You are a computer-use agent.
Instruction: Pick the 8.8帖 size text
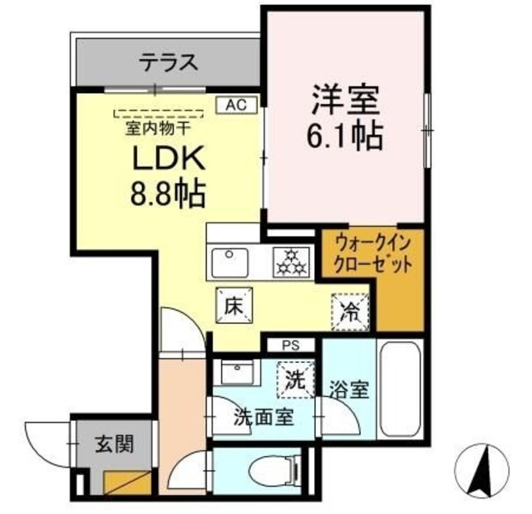(x=166, y=196)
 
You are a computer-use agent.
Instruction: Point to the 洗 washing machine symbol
(x=296, y=379)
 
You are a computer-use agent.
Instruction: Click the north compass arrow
(x=480, y=468)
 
